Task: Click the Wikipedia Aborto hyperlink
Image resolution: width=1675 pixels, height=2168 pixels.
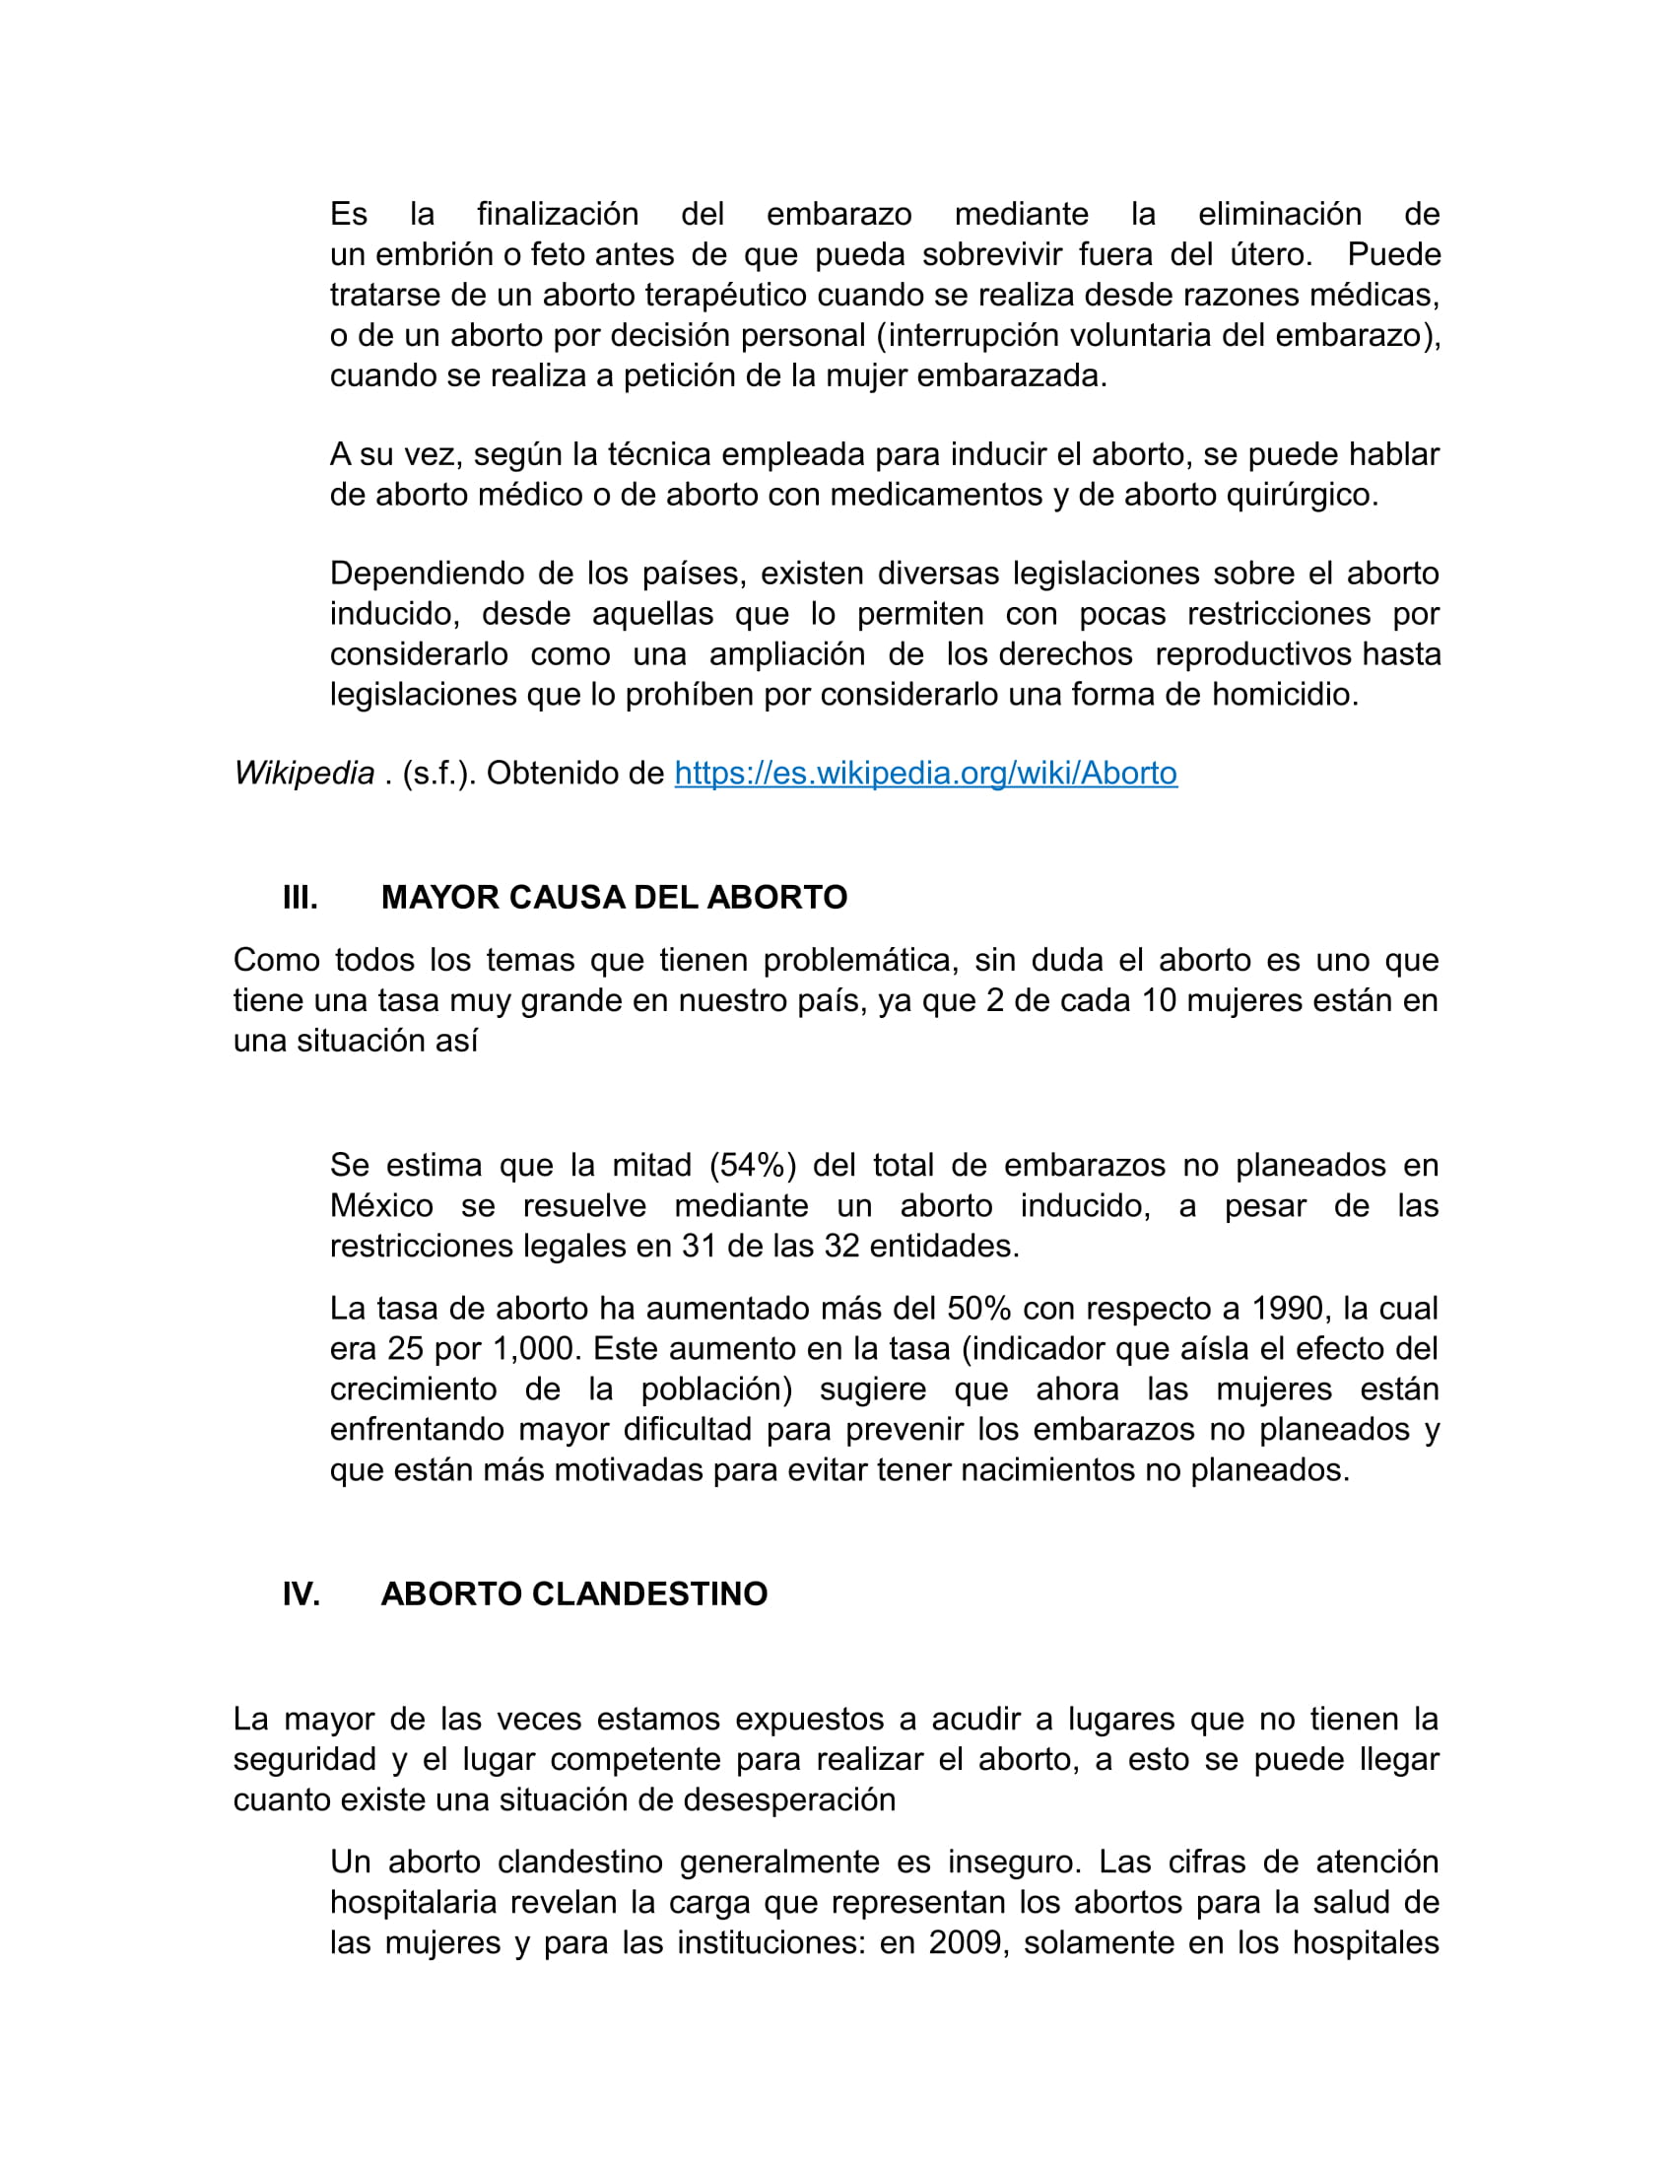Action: point(925,774)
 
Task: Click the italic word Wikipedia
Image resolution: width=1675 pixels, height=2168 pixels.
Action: point(303,774)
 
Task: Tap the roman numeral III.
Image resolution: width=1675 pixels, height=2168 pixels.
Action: point(300,898)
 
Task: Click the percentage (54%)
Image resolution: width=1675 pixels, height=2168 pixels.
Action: point(752,1165)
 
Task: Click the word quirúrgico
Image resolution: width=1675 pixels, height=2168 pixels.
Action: point(1302,495)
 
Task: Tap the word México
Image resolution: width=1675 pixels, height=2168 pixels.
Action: point(381,1205)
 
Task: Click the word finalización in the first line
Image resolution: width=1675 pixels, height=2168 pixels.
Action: point(558,215)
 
